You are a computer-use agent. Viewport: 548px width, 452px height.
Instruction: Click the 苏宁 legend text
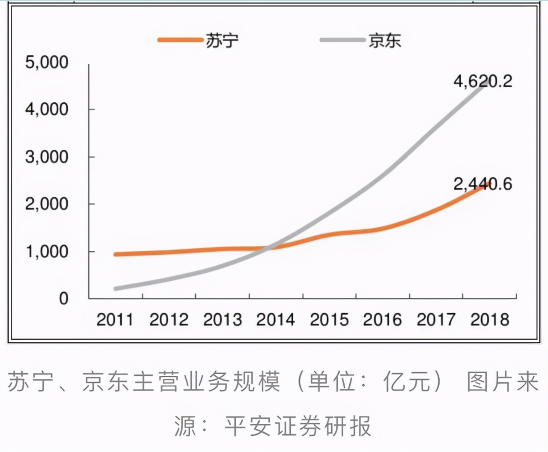pyautogui.click(x=222, y=41)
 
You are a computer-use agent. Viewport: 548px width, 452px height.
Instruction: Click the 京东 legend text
pyautogui.click(x=384, y=41)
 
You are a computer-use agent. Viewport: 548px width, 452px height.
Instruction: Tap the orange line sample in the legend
pyautogui.click(x=180, y=40)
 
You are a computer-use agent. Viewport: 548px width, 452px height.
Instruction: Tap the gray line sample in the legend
pyautogui.click(x=342, y=40)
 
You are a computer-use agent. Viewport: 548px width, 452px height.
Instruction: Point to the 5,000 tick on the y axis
pyautogui.click(x=47, y=62)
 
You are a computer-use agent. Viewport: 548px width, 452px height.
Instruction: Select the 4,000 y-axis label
pyautogui.click(x=47, y=110)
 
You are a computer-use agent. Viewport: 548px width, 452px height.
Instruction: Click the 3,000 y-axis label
pyautogui.click(x=47, y=157)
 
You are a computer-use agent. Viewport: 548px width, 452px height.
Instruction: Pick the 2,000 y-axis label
pyautogui.click(x=47, y=204)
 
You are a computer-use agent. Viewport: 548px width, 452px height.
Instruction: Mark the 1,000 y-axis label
pyautogui.click(x=47, y=252)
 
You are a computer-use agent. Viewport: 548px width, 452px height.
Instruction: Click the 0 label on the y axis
pyautogui.click(x=63, y=298)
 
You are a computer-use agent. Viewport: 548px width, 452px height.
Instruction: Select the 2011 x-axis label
pyautogui.click(x=115, y=320)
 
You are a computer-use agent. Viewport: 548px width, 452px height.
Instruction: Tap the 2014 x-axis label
pyautogui.click(x=275, y=320)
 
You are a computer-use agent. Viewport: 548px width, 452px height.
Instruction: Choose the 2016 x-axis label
pyautogui.click(x=382, y=320)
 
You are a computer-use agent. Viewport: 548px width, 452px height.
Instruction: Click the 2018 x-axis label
pyautogui.click(x=490, y=320)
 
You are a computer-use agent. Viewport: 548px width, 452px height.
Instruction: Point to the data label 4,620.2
pyautogui.click(x=482, y=81)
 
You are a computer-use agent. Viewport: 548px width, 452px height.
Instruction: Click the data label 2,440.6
pyautogui.click(x=482, y=184)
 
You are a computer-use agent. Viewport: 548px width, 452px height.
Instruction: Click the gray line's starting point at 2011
pyautogui.click(x=116, y=288)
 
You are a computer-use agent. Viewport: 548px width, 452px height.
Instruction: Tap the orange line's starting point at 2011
pyautogui.click(x=116, y=254)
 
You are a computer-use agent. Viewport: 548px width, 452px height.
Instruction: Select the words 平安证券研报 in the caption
pyautogui.click(x=298, y=426)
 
